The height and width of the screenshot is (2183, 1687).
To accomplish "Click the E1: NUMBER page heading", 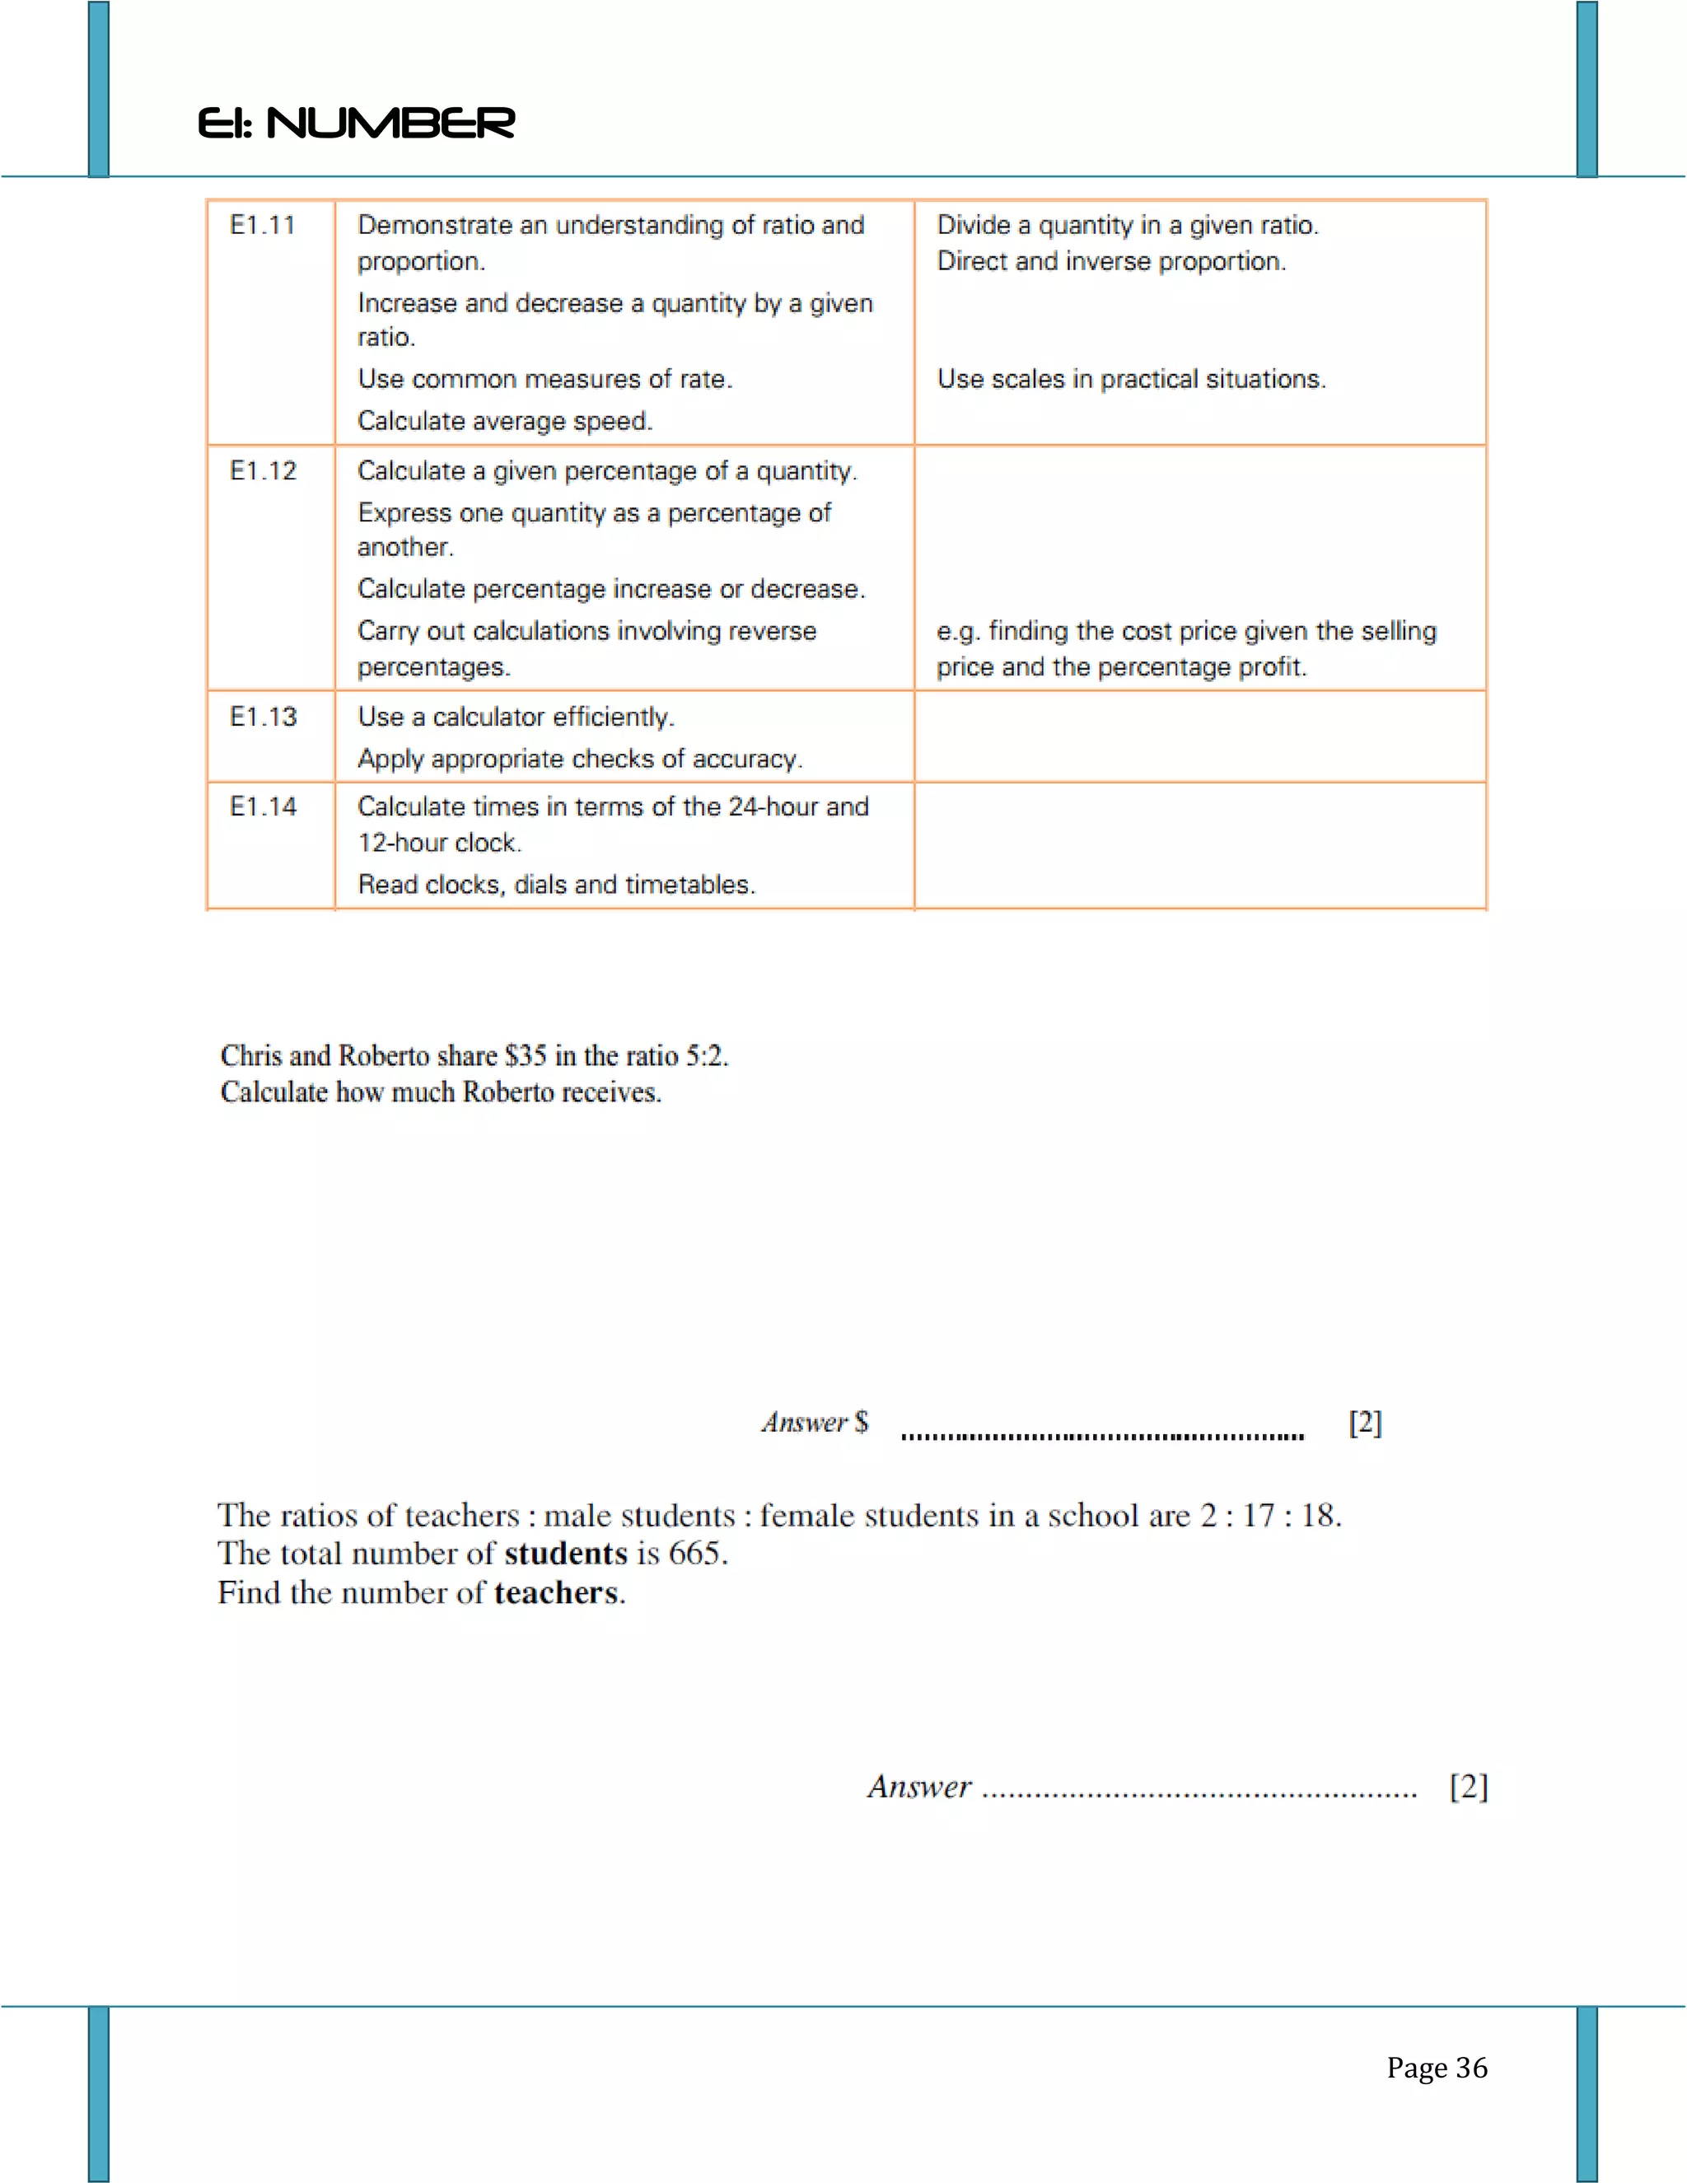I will pos(356,123).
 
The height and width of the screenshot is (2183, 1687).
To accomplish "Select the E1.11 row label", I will pos(263,225).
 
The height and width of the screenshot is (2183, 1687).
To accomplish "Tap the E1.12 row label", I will pos(263,470).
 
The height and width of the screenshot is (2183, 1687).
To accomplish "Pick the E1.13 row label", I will pos(263,717).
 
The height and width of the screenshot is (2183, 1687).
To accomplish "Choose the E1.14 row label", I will pos(263,806).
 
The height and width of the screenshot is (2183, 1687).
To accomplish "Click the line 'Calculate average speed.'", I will pos(505,421).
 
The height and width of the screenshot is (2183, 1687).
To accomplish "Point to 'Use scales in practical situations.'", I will pos(1131,379).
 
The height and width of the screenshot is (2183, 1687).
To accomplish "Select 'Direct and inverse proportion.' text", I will pos(1111,261).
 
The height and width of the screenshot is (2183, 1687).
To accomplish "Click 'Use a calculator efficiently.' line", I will pos(516,717).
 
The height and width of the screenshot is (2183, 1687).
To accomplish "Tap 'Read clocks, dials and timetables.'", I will pos(556,885).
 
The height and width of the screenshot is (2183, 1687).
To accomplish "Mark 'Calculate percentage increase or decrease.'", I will pos(610,589).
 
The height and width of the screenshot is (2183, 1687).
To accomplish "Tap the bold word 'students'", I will pos(566,1554).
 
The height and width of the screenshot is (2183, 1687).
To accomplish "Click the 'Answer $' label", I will pos(815,1423).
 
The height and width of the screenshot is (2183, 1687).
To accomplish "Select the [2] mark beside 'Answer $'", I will pos(1365,1423).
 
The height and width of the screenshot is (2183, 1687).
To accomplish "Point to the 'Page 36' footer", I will pos(1436,2067).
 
